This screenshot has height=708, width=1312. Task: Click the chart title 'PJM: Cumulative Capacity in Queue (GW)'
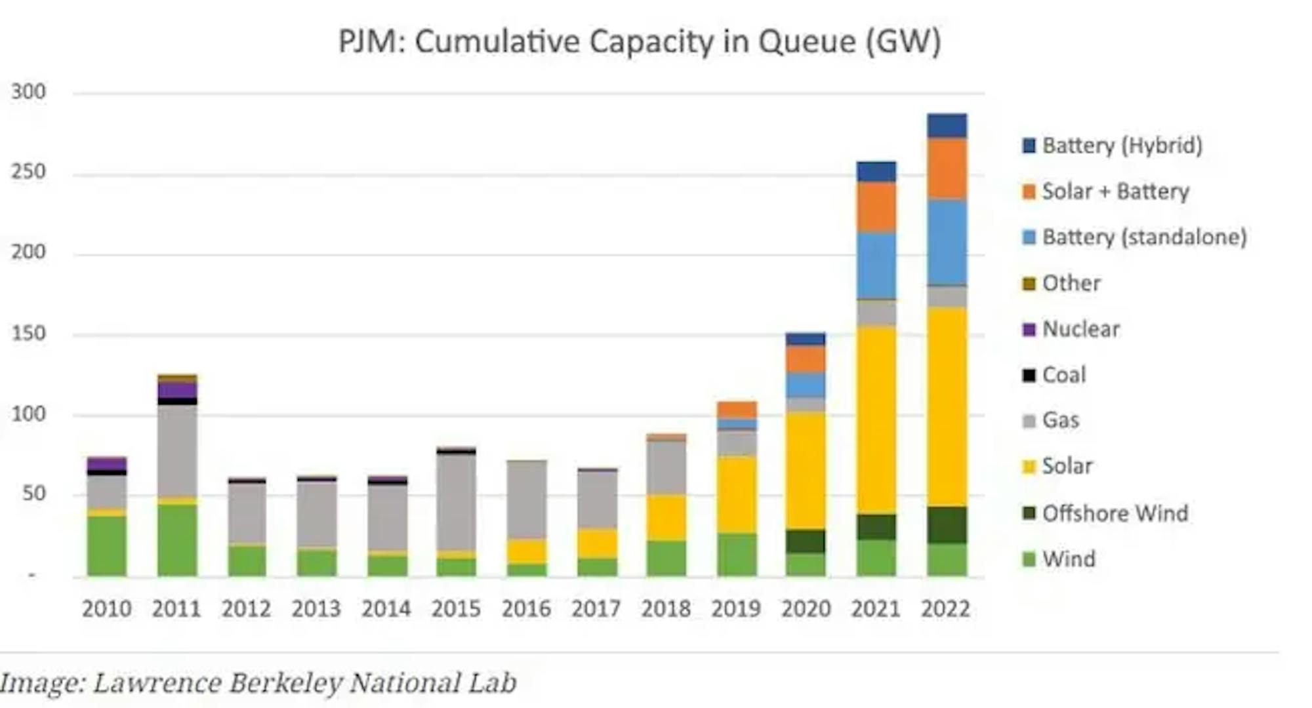[640, 42]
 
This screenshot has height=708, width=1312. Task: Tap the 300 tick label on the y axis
[29, 92]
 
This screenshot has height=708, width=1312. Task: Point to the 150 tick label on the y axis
[29, 333]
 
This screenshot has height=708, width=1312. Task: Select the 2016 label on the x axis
[526, 609]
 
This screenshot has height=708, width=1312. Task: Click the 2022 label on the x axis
[945, 609]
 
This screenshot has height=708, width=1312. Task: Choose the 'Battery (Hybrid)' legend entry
[1122, 146]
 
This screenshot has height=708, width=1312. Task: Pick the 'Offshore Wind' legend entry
[1115, 513]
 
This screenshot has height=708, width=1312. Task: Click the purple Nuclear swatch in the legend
[1029, 329]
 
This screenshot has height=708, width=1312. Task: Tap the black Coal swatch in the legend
[1029, 375]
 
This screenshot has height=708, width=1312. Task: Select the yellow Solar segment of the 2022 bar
[947, 406]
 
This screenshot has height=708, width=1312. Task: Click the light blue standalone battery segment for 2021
[876, 265]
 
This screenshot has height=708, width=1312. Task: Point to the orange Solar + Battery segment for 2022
[947, 169]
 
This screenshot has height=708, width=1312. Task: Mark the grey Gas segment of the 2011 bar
[177, 450]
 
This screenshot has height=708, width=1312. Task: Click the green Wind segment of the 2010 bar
[107, 545]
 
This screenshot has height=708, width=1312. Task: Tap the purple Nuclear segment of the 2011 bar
[177, 390]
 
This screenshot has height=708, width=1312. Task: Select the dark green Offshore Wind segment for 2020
[806, 541]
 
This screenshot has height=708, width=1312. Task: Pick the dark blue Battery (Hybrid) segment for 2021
[876, 172]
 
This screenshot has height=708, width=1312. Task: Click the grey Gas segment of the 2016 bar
[527, 500]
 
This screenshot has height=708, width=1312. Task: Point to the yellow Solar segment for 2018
[666, 518]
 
